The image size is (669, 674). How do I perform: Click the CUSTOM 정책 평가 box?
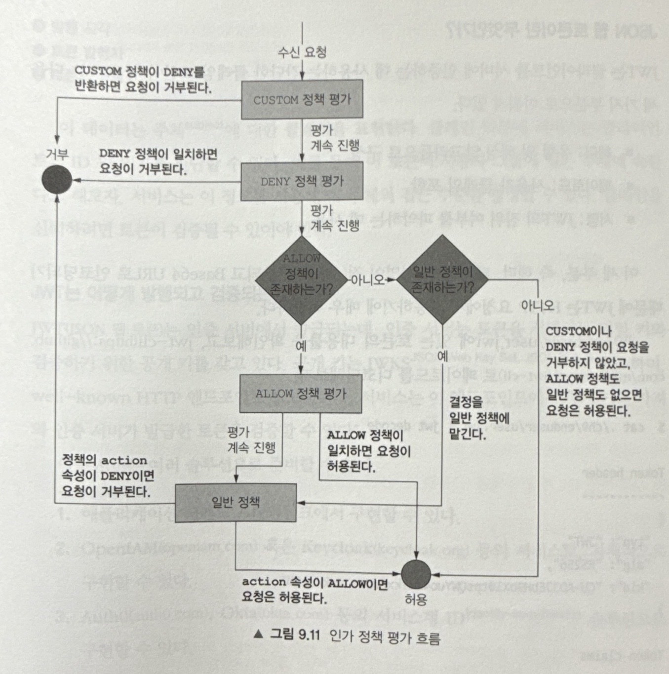[x=302, y=100]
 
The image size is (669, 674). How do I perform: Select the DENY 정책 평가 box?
[x=302, y=181]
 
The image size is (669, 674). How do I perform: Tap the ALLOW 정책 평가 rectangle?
[x=300, y=394]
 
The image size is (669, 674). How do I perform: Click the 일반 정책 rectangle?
[x=236, y=503]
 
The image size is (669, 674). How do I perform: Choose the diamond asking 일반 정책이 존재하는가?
[x=442, y=279]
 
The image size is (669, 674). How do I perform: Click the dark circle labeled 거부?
[x=57, y=180]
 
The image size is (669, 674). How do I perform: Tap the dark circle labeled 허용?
[x=416, y=574]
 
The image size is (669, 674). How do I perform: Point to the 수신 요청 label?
[x=302, y=52]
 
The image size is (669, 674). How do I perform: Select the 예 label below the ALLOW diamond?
[x=301, y=346]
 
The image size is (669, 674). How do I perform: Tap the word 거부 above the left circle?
[x=57, y=155]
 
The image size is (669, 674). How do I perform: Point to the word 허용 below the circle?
[x=416, y=599]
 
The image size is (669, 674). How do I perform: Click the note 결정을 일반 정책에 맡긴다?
[x=479, y=419]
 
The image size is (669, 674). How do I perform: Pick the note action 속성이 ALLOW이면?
[x=315, y=590]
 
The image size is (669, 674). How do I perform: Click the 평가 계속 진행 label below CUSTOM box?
[x=334, y=138]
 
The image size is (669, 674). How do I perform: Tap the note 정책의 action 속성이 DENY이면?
[x=108, y=476]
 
